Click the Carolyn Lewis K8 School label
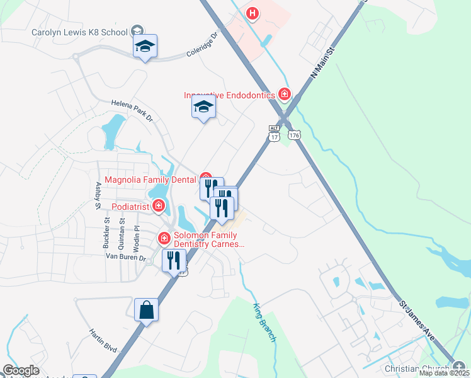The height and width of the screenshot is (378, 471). click(79, 32)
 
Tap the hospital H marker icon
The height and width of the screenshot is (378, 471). click(253, 13)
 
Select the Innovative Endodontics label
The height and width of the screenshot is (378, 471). click(229, 95)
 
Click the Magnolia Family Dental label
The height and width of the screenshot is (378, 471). click(150, 180)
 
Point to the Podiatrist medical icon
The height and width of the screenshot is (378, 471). click(158, 205)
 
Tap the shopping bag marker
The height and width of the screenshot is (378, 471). click(146, 310)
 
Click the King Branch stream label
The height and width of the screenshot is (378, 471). click(264, 323)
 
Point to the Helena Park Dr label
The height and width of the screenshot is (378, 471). click(132, 109)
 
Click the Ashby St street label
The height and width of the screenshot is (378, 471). click(98, 195)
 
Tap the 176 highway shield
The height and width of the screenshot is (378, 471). click(293, 135)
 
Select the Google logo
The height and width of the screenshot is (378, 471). click(21, 370)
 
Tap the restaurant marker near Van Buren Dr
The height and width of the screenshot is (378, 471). click(174, 260)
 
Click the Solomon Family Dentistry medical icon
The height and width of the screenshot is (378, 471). click(164, 238)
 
